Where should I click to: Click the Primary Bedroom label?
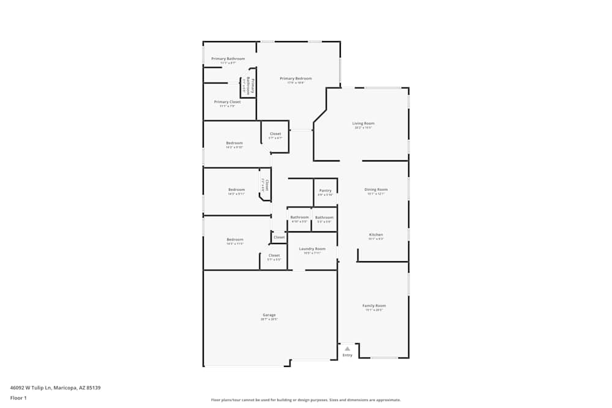[x=296, y=78]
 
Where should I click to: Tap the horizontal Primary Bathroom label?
[x=228, y=59]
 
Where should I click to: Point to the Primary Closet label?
[x=227, y=102]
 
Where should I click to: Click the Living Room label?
[x=364, y=124]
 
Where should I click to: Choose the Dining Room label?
[x=376, y=190]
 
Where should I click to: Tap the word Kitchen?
[x=376, y=235]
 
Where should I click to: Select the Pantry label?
[x=325, y=191]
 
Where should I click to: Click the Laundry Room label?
[x=312, y=249]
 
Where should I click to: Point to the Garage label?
[x=269, y=315]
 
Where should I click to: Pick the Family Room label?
[x=374, y=306]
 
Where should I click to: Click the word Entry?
[x=348, y=355]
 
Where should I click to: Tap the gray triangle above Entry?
[x=348, y=349]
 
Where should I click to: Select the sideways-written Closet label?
[x=266, y=185]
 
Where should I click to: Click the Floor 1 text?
[x=18, y=398]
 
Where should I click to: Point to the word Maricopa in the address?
[x=65, y=387]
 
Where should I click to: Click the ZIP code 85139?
[x=93, y=387]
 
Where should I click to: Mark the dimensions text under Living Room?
[x=364, y=128]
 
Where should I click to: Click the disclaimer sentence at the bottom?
[x=306, y=400]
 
